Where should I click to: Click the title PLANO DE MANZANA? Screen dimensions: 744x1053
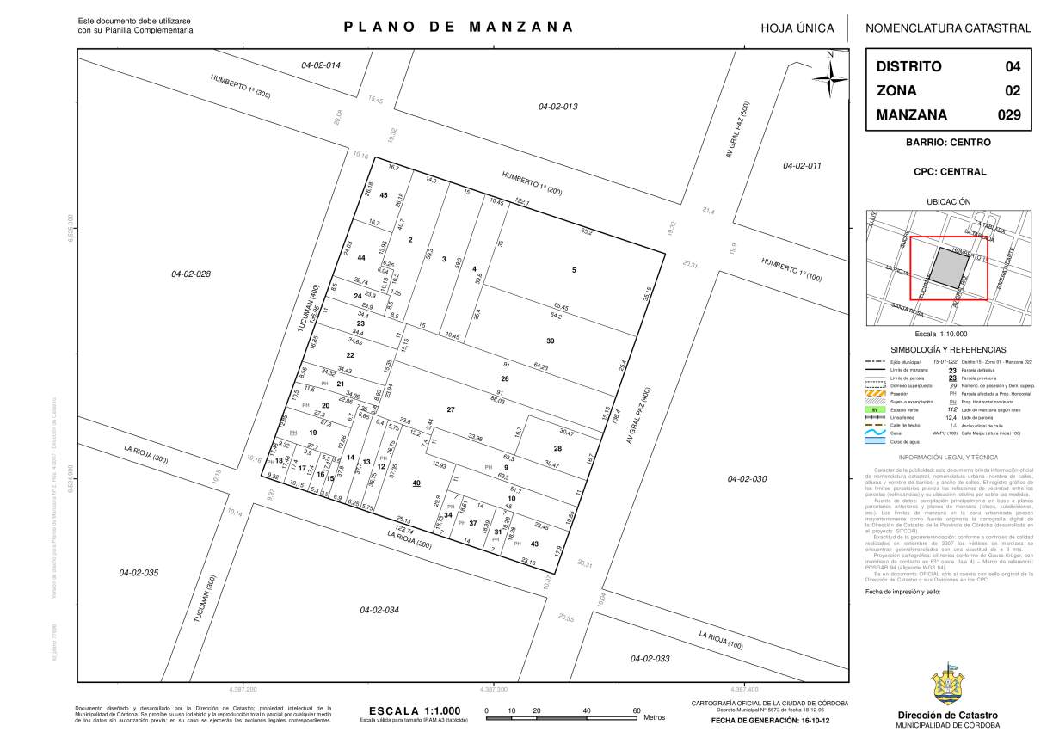(x=459, y=27)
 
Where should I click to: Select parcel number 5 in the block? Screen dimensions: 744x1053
(x=574, y=271)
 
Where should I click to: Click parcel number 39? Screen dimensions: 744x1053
(x=550, y=341)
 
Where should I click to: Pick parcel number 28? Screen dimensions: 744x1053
(x=557, y=448)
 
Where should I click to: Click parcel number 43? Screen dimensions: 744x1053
(x=534, y=543)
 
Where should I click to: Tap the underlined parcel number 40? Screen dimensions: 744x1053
(x=416, y=483)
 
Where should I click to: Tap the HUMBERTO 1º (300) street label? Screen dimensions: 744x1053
(x=240, y=87)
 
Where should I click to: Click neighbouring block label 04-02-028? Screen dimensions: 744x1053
(x=191, y=274)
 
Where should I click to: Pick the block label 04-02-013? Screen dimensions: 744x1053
(x=557, y=107)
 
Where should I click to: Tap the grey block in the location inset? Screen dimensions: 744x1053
(x=950, y=271)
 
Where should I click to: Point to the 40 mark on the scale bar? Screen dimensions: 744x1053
(x=587, y=710)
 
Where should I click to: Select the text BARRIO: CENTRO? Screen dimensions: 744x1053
(x=948, y=142)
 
